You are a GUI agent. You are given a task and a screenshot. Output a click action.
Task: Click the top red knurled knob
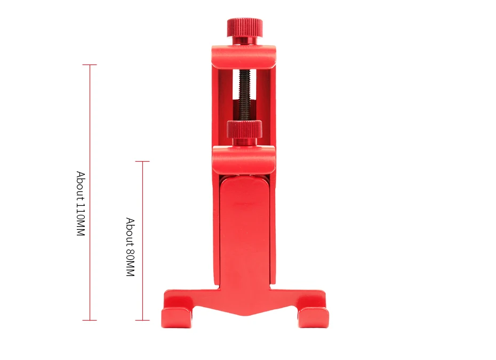(x=244, y=28)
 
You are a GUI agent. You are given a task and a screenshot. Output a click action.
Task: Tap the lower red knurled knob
(x=244, y=129)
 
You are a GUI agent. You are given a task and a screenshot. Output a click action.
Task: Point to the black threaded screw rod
(x=244, y=95)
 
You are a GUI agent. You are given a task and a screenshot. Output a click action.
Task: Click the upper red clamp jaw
(x=244, y=57)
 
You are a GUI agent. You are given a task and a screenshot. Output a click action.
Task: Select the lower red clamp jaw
(x=244, y=160)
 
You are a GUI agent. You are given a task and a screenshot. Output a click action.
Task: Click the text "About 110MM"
(x=81, y=204)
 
